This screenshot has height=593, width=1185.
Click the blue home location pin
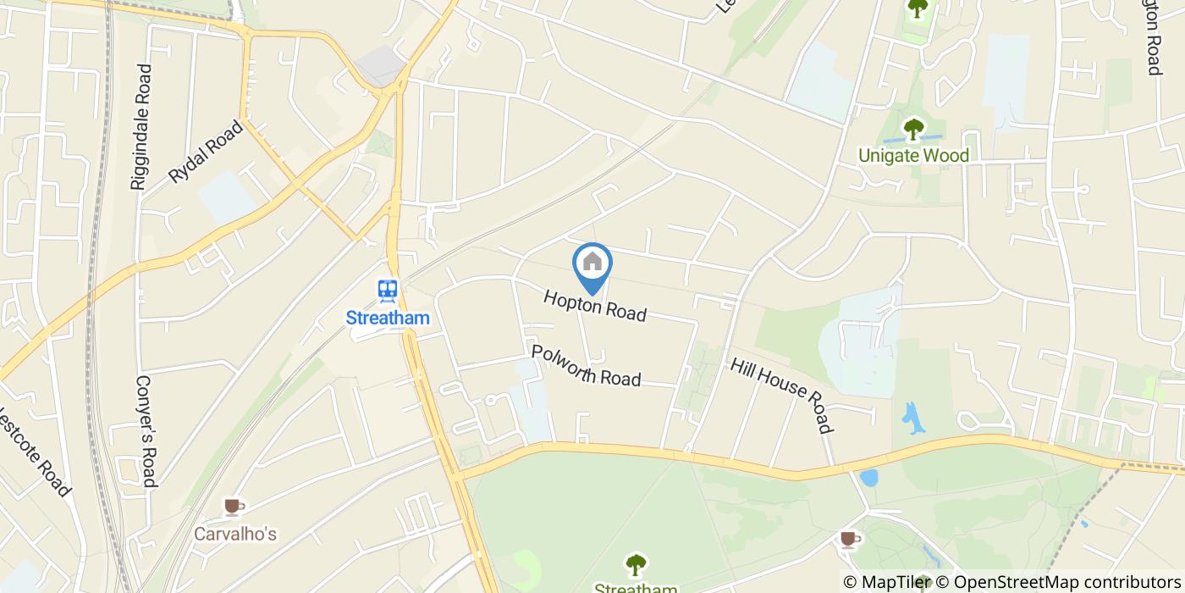[x=592, y=266]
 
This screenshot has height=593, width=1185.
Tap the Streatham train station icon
[x=388, y=291]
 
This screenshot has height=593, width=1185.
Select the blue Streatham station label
[x=388, y=319]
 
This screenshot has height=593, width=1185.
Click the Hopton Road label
[x=595, y=306]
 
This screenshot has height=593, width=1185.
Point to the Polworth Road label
[x=586, y=365]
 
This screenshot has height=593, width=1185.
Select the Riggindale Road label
[x=141, y=127]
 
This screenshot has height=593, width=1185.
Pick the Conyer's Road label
[x=146, y=431]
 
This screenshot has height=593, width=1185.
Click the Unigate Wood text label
[x=913, y=155]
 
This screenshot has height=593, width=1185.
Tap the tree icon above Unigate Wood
[x=913, y=130]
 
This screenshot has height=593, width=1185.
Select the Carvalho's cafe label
[x=235, y=534]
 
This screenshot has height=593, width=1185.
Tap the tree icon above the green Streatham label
[x=636, y=564]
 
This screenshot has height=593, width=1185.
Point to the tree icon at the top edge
[x=918, y=8]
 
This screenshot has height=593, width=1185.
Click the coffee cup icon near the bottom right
[x=849, y=539]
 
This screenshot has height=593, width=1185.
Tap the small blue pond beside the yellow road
[x=868, y=477]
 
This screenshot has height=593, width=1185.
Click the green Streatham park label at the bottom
[x=636, y=588]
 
